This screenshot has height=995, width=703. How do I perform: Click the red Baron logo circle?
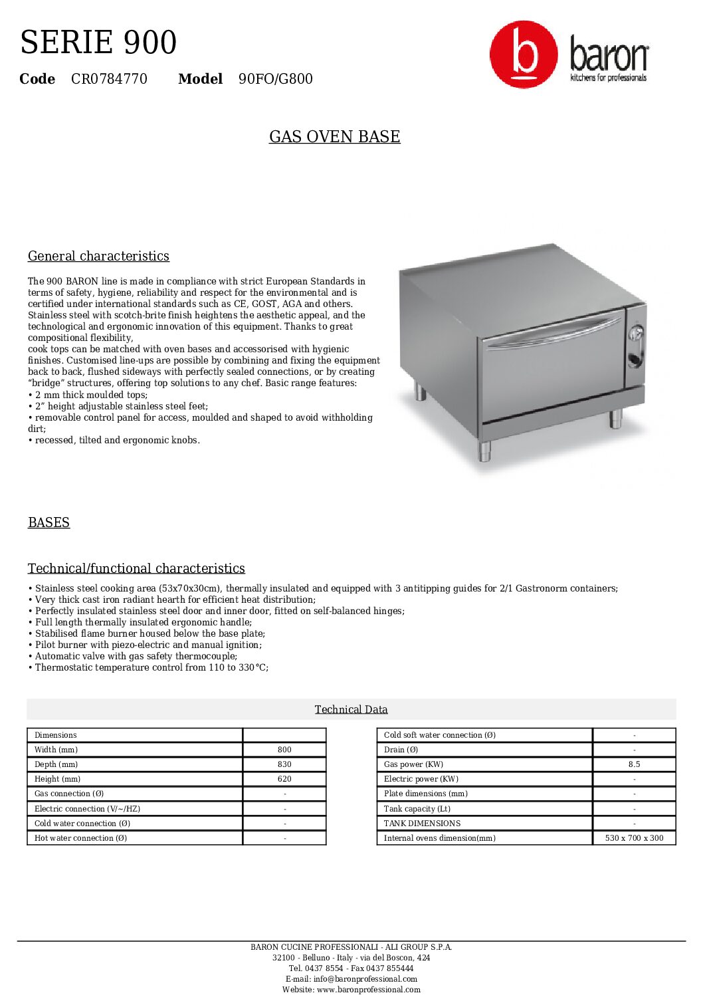coord(524,55)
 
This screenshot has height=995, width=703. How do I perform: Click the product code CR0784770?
coord(109,79)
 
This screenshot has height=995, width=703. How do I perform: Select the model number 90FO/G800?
coord(275,79)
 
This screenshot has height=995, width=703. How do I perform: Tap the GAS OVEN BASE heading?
coord(334,137)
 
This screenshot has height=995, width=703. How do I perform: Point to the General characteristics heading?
coord(98,257)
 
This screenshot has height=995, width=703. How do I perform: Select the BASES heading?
coord(49,522)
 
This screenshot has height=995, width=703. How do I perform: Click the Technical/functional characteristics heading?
coord(136,568)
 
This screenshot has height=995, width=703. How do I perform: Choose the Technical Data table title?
coord(351,710)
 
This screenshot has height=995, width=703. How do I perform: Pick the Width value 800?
coord(284,750)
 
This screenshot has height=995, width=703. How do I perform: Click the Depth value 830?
coord(284,764)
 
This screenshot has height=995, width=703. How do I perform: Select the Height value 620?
coord(284,779)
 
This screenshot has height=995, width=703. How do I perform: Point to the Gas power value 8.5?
coord(634,764)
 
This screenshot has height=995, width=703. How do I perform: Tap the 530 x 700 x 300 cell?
coord(634,838)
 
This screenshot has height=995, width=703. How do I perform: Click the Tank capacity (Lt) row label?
coord(417,809)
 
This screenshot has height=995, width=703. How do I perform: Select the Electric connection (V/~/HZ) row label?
coord(87,809)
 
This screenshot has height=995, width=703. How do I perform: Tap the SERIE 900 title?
coord(98,43)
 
